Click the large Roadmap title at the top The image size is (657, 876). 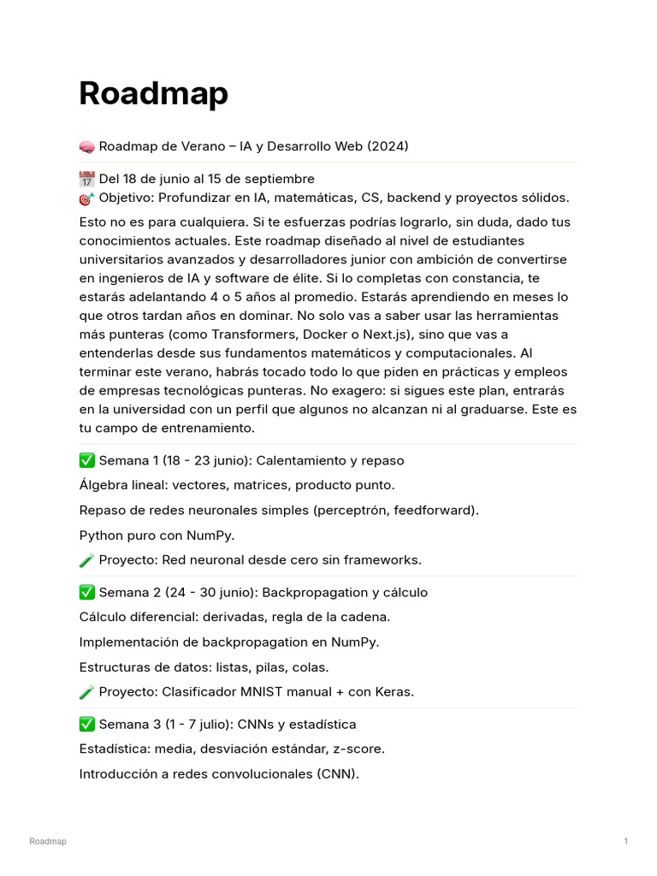point(153,93)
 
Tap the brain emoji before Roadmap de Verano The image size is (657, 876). point(86,147)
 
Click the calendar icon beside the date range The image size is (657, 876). point(86,180)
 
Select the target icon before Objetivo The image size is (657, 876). point(86,198)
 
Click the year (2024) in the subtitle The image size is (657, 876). point(388,146)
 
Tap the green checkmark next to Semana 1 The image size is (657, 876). point(86,461)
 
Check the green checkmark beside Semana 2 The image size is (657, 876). point(86,593)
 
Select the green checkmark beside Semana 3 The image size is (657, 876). point(86,725)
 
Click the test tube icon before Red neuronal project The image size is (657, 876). point(86,560)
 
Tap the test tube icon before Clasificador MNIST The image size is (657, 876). point(86,692)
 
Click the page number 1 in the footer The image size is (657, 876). point(626,842)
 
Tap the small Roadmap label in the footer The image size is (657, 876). point(48,842)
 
